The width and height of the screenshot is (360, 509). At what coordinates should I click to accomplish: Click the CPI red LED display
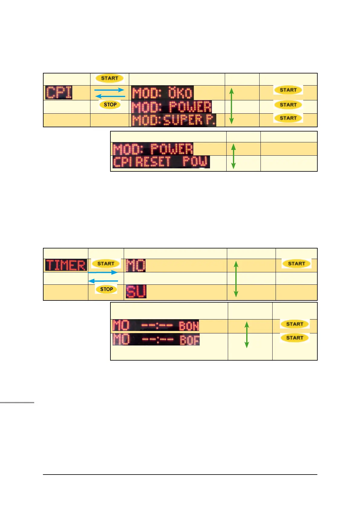coord(59,92)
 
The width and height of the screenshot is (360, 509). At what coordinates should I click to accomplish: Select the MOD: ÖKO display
coord(162,93)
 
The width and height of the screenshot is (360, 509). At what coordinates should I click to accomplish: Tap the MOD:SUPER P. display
coord(174,120)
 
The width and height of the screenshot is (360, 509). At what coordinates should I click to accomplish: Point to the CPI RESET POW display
coord(161,162)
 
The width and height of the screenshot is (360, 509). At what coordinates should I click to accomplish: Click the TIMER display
coord(66,265)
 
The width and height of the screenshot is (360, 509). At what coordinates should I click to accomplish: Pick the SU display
coord(136,292)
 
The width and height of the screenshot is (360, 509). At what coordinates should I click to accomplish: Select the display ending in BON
coord(156,326)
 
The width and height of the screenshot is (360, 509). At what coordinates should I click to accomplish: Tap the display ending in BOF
coord(156,339)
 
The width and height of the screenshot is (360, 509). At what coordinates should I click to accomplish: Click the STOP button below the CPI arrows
coord(110,105)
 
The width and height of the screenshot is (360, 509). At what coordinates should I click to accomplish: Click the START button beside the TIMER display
coord(106,264)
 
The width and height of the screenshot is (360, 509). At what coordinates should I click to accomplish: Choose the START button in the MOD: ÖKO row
coord(288,90)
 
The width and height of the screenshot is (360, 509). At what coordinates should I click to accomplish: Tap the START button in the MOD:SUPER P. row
coord(288,118)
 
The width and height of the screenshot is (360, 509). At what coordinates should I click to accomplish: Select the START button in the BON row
coord(295,324)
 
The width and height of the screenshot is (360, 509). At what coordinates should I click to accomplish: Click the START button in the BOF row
coord(295,338)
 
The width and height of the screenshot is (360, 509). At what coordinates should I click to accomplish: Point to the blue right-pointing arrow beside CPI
coord(109,90)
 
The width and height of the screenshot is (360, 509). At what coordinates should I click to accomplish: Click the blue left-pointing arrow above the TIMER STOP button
coord(103,281)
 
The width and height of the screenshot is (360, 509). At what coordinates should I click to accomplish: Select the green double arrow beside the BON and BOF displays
coord(247,334)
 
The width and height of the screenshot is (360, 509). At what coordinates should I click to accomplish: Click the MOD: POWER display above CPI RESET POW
coord(153,149)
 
